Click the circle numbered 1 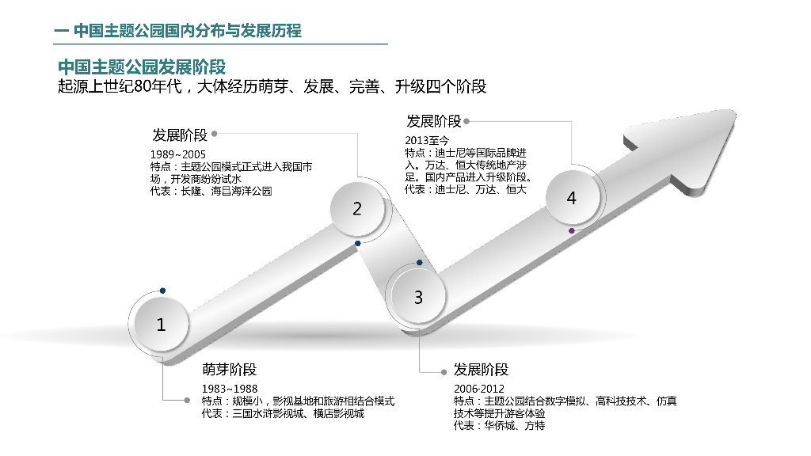tap(162, 325)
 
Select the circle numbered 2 tap(357, 209)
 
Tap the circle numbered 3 tap(418, 298)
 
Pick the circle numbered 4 tap(572, 199)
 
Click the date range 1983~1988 tap(230, 389)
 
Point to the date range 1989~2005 tap(177, 154)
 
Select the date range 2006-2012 tap(479, 389)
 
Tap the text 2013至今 tap(427, 141)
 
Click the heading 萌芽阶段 tap(229, 370)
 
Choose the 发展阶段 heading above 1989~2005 tap(180, 134)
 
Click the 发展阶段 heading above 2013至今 tap(433, 121)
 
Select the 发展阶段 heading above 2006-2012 tap(481, 370)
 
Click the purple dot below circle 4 tap(572, 230)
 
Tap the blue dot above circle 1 tap(162, 291)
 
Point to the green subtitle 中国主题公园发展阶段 tap(142, 66)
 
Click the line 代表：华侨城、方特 tap(499, 426)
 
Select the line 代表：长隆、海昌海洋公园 tap(211, 192)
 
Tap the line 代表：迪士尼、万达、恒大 tap(465, 190)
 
